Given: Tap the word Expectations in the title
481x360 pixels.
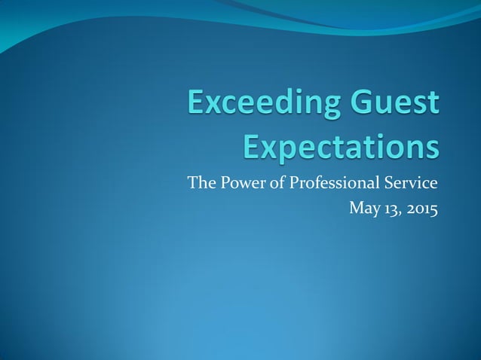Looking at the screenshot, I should (x=341, y=146).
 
